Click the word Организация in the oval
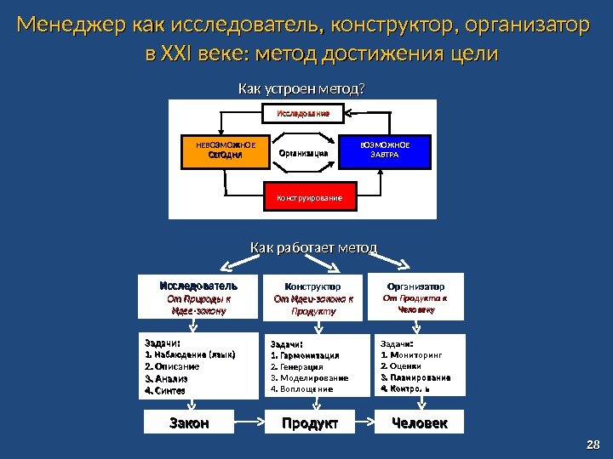[304, 154]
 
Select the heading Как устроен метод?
[306, 88]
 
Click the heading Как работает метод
[313, 247]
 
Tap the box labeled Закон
[189, 422]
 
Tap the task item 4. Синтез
[165, 391]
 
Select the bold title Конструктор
[312, 287]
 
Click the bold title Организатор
[416, 286]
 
